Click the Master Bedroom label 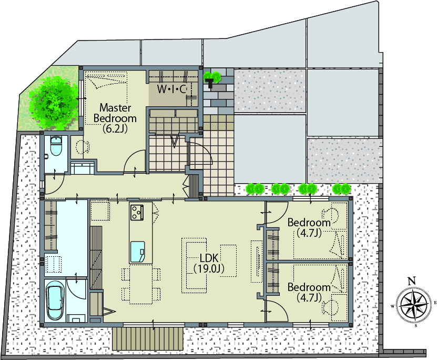point(115,118)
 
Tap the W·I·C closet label point(171,89)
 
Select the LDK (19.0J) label point(209,263)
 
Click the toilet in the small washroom point(56,146)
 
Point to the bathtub point(55,300)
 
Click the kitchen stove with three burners point(137,212)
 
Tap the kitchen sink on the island point(137,252)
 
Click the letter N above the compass point(412,281)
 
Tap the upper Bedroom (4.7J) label point(309,227)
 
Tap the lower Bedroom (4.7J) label point(309,292)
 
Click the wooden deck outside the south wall point(148,339)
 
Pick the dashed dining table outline point(141,284)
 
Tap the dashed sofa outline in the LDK point(194,265)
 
